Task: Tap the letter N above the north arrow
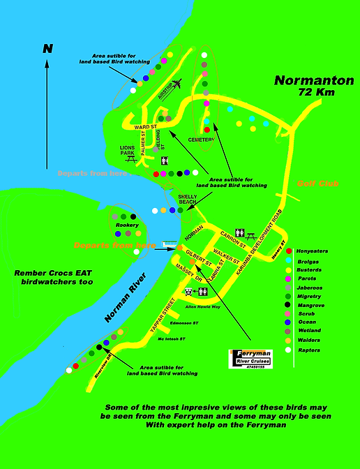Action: tap(47, 49)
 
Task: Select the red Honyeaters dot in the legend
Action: tap(289, 251)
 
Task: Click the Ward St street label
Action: tap(144, 127)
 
